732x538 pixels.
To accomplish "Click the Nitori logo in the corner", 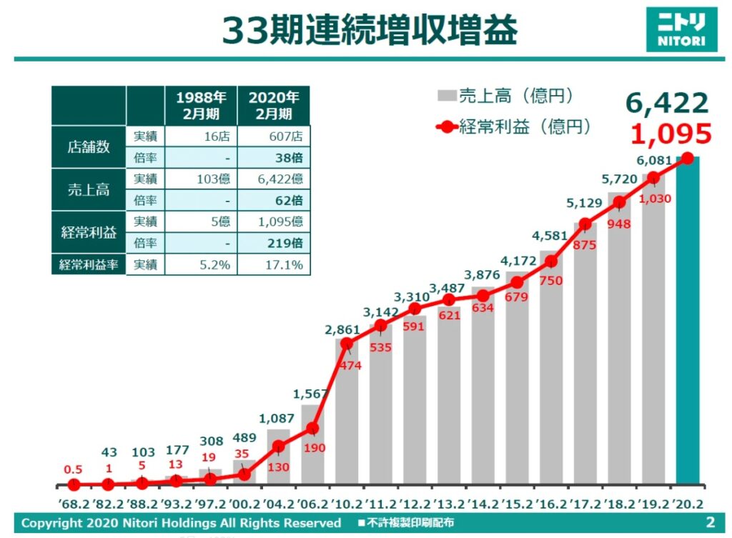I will (x=681, y=29).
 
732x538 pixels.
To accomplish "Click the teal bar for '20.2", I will (x=688, y=322).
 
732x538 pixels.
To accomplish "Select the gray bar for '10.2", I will (x=347, y=414).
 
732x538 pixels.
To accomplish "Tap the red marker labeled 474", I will (x=347, y=344).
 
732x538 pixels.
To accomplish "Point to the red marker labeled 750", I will (x=551, y=261).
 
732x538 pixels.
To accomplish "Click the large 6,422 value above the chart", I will (x=667, y=104).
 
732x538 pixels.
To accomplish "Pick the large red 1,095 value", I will (x=672, y=134).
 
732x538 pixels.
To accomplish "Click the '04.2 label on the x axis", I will (x=278, y=504).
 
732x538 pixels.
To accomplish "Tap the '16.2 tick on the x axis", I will (x=550, y=504).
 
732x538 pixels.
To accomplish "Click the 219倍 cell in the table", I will (x=274, y=243).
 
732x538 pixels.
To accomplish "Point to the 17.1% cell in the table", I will (x=274, y=265).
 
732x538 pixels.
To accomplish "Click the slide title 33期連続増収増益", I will (x=369, y=30).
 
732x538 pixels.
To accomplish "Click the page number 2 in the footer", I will (x=710, y=522).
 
